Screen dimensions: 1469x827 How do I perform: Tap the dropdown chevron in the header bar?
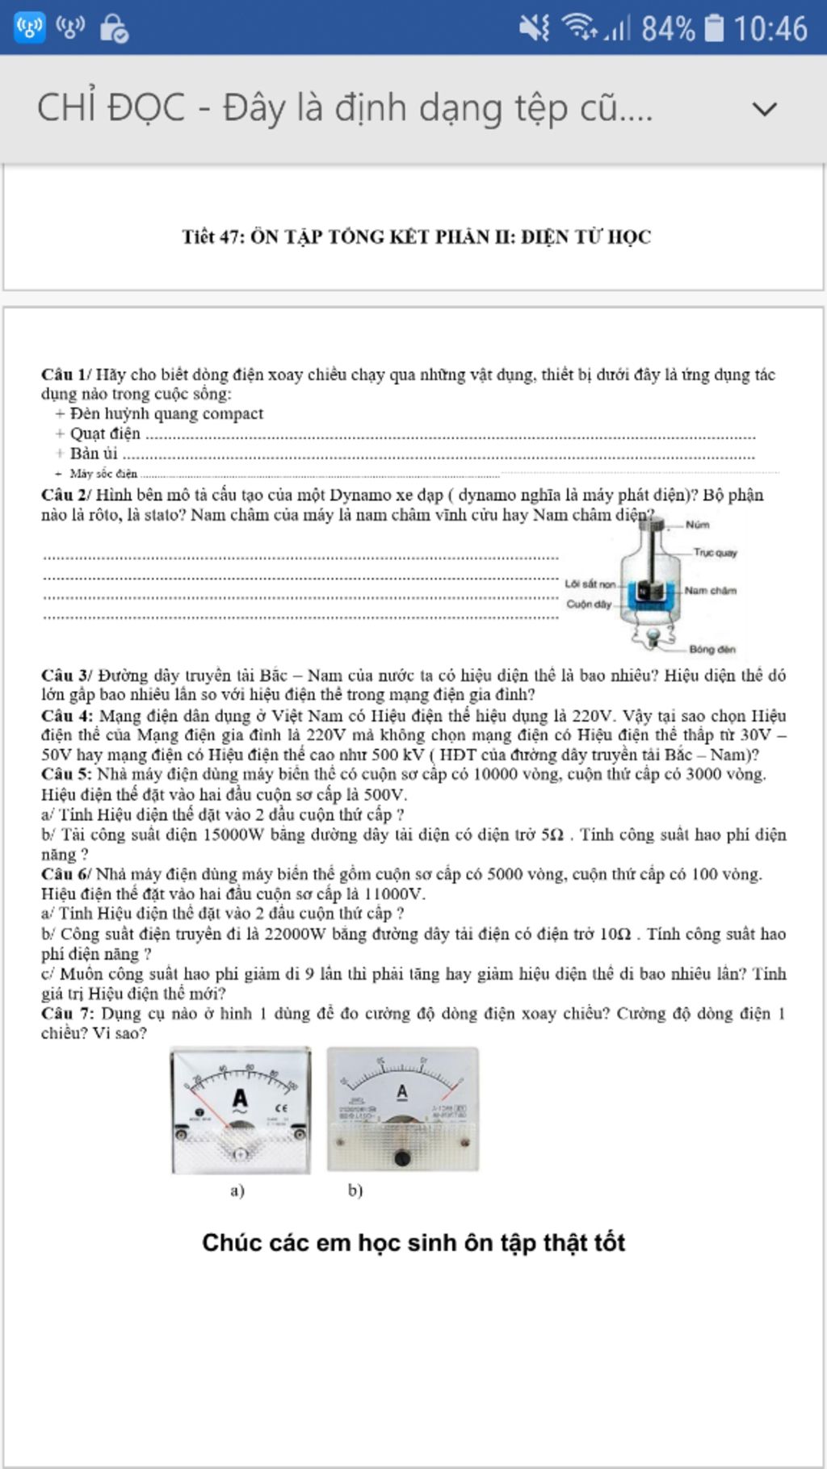[x=764, y=109]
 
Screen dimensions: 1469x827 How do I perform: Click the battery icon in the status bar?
[x=714, y=28]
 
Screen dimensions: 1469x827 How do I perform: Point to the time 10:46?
[x=770, y=29]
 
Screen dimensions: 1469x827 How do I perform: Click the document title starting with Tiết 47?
[x=416, y=236]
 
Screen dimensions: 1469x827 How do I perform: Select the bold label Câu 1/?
[x=67, y=375]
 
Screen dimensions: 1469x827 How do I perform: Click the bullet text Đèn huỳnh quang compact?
[x=166, y=414]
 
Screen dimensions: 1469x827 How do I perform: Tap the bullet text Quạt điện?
[x=105, y=434]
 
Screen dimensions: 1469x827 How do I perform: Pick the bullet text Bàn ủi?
[x=94, y=454]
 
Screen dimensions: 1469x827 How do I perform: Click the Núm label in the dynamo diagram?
[x=698, y=525]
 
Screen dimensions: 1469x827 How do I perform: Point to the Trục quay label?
[x=715, y=553]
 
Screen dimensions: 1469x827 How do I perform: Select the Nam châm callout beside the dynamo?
[x=711, y=591]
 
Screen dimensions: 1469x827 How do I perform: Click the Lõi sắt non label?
[x=590, y=584]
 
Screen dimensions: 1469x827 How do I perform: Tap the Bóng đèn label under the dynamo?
[x=712, y=649]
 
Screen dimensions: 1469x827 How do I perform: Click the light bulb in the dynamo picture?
[x=648, y=637]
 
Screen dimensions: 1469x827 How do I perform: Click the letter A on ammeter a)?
[x=240, y=1099]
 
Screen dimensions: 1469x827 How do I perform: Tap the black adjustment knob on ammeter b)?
[x=402, y=1159]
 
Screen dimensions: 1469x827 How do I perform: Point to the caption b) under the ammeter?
[x=355, y=1191]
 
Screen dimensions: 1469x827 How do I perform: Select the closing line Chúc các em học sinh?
[x=413, y=1242]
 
